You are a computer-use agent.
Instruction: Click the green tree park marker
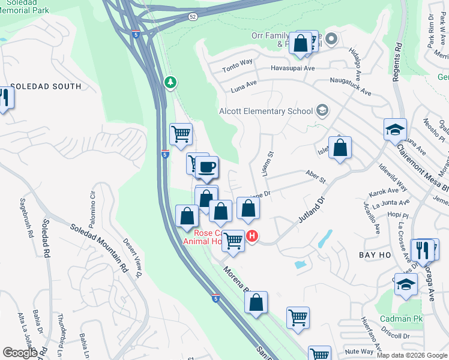pyautogui.click(x=171, y=82)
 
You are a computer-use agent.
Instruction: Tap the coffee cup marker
pyautogui.click(x=207, y=167)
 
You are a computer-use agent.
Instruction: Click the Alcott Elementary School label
pyautogui.click(x=265, y=111)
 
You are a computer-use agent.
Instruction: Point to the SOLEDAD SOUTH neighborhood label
pyautogui.click(x=46, y=86)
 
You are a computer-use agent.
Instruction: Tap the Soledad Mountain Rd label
pyautogui.click(x=100, y=247)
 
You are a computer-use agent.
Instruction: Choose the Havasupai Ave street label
pyautogui.click(x=292, y=68)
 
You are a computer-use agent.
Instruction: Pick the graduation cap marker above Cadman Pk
pyautogui.click(x=406, y=284)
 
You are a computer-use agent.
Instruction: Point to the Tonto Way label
pyautogui.click(x=238, y=62)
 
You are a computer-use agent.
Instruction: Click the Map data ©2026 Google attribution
pyautogui.click(x=412, y=355)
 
